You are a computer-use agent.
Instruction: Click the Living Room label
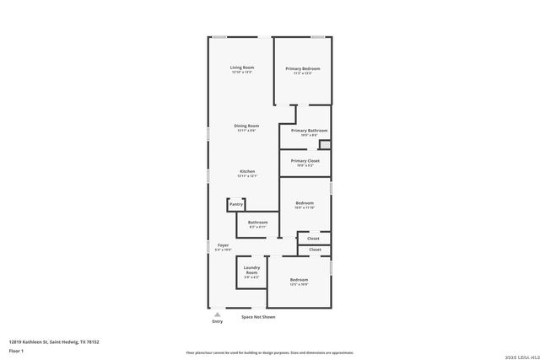click(242, 67)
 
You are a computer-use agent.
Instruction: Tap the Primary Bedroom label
click(302, 68)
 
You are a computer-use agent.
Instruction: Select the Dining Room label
click(246, 126)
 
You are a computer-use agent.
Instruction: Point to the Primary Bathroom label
click(309, 131)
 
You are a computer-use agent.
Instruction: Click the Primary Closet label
click(305, 160)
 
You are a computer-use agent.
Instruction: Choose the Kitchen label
click(246, 171)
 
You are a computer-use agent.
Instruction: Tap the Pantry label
click(236, 204)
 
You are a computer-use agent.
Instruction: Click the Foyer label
click(223, 245)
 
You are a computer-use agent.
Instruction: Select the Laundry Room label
click(251, 271)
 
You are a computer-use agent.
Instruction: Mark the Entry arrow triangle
click(218, 314)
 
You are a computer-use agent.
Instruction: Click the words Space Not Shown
click(258, 317)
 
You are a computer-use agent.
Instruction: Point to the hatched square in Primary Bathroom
click(324, 144)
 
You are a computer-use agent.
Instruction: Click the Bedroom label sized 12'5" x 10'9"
click(299, 280)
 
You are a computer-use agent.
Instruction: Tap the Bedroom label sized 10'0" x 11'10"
click(305, 203)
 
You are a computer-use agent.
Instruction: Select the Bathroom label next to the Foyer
click(257, 223)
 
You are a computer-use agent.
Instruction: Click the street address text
click(54, 341)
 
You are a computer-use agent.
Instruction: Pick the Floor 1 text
click(16, 350)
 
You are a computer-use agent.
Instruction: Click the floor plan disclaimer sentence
click(269, 353)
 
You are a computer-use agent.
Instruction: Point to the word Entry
click(218, 322)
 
